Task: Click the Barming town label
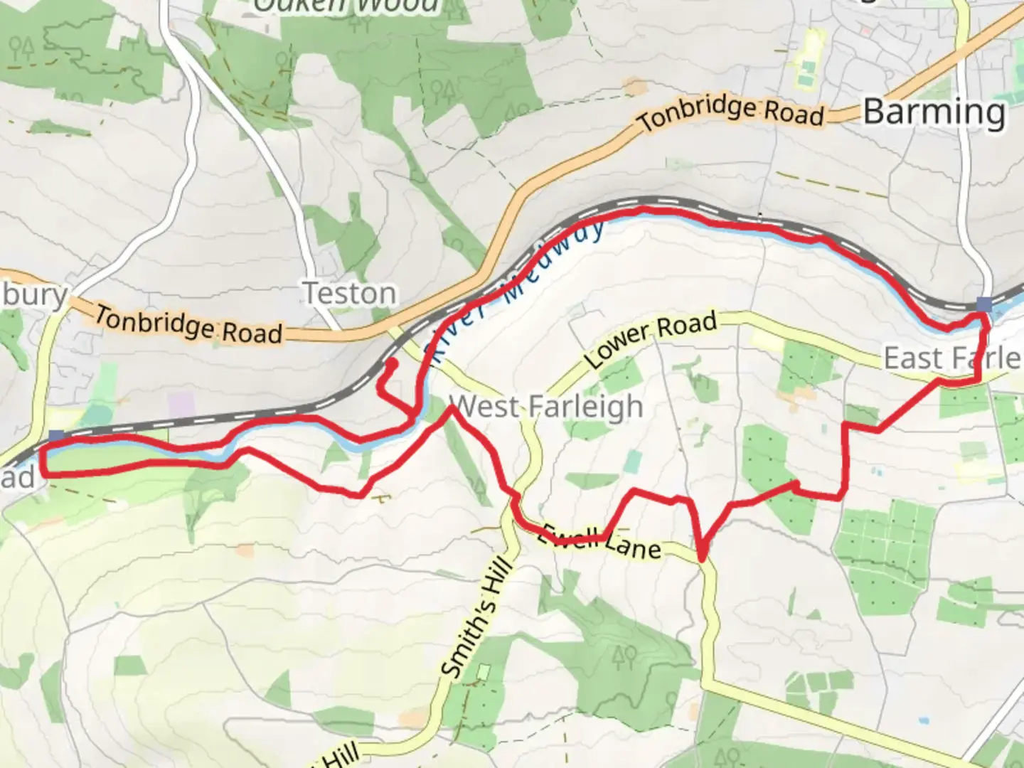pos(934,112)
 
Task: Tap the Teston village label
pos(349,293)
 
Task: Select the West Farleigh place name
pos(546,407)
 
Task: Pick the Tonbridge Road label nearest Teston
pos(188,324)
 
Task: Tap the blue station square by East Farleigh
pos(984,304)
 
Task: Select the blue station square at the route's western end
pos(56,436)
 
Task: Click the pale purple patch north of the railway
pos(181,406)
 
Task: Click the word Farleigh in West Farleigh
pos(585,407)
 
